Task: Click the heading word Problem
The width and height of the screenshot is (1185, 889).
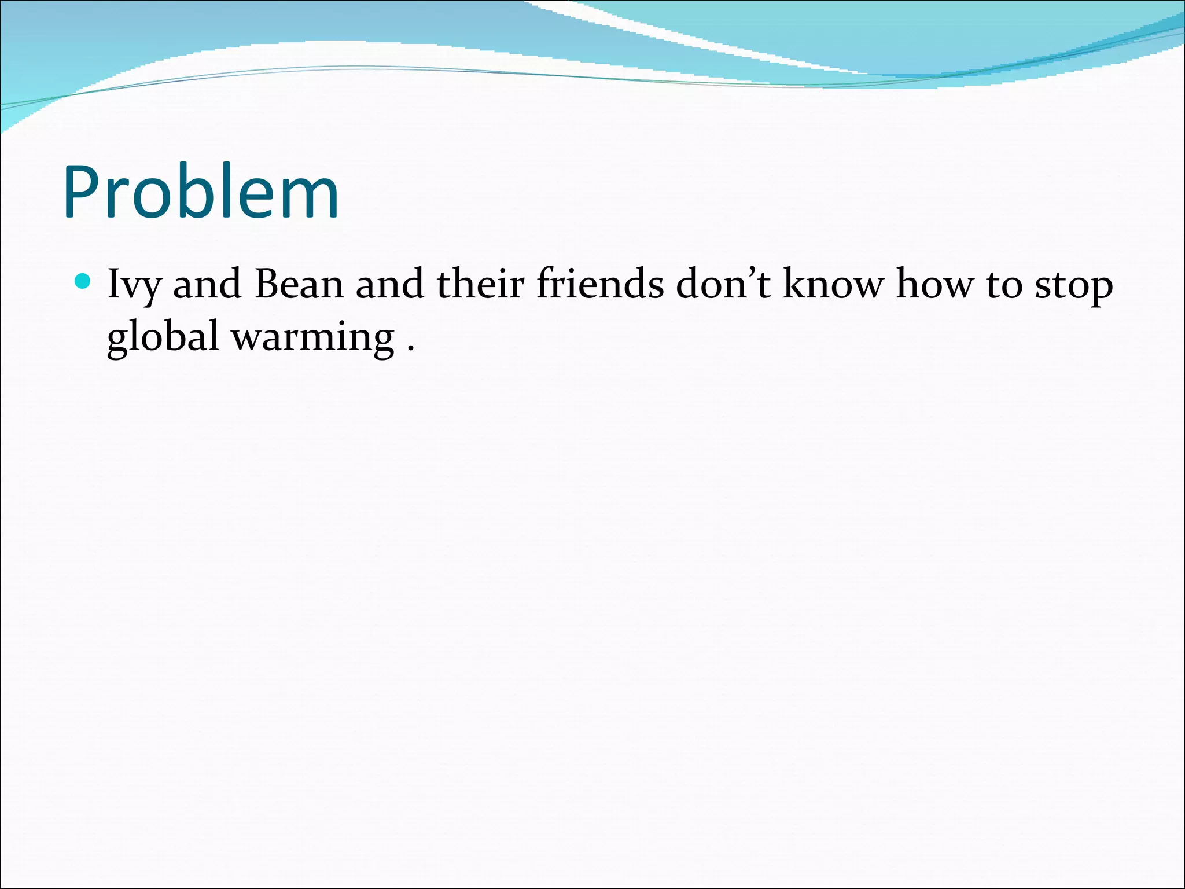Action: coord(201,192)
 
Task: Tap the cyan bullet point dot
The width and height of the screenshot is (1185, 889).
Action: coord(83,282)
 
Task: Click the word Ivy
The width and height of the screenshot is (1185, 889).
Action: coord(134,285)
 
